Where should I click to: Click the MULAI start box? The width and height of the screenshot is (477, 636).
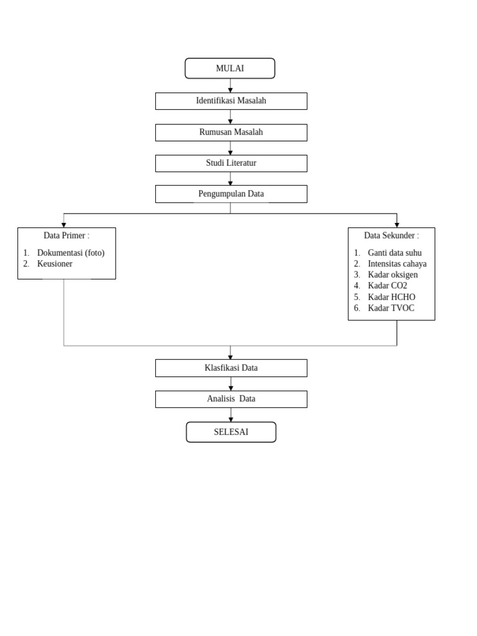coord(230,68)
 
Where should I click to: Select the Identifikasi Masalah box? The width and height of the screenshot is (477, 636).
coord(231,101)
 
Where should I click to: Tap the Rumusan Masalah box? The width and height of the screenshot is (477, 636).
coord(231,132)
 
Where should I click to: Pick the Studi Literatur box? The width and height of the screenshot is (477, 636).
coord(231,163)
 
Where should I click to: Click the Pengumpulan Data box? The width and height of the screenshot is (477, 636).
coord(231,194)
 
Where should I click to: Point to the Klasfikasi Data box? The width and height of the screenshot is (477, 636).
coord(231,368)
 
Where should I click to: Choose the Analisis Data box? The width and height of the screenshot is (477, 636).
coord(231,399)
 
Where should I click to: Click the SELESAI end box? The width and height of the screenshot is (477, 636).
coord(231,432)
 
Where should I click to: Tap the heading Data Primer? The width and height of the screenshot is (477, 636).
coord(66,235)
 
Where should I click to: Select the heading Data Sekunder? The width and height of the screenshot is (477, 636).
coord(391,235)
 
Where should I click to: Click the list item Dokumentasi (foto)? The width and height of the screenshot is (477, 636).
coord(71,253)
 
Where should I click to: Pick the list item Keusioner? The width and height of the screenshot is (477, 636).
coord(55,264)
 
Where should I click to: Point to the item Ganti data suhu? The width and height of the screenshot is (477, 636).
coord(395,253)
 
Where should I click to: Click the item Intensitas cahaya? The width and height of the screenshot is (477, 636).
coord(397,264)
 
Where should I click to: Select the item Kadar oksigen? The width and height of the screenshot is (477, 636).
coord(393,275)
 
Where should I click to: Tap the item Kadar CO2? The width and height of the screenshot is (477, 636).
coord(388,286)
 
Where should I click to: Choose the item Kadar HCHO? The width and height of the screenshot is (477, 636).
coord(391,297)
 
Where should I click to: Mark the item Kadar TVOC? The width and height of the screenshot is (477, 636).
coord(391,308)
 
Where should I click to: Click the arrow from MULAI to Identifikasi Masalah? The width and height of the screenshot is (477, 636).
coord(230,86)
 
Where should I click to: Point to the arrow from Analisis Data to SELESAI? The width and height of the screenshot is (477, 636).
coord(231,415)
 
